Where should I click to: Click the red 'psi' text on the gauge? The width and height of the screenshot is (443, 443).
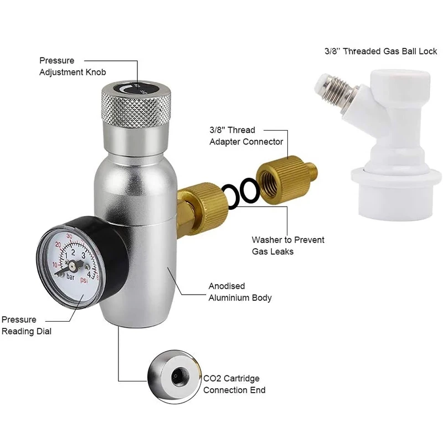click(84, 280)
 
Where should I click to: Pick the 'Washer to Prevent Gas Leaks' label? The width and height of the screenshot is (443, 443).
click(287, 245)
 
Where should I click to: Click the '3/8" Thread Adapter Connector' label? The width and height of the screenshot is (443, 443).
click(246, 136)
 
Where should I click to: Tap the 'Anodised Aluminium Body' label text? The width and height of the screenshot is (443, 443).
click(240, 292)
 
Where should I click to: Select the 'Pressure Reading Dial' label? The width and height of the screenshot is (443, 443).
click(26, 325)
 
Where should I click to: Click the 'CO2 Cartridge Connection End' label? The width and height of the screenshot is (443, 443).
click(234, 384)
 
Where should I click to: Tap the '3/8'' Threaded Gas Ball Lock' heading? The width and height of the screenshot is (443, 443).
click(380, 51)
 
